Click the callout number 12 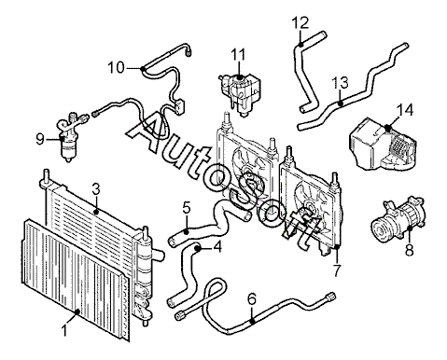click(x=300, y=23)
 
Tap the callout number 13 click(x=340, y=82)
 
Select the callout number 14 click(x=405, y=110)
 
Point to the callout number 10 click(x=116, y=67)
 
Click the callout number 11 click(x=238, y=54)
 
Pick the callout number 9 click(x=40, y=139)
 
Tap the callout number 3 click(x=96, y=189)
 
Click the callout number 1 click(x=64, y=330)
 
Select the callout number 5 click(x=186, y=207)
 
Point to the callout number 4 click(x=217, y=247)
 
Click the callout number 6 click(x=252, y=298)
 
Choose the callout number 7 click(x=337, y=270)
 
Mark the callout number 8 click(x=410, y=250)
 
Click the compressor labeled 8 click(x=398, y=216)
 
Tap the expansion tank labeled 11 click(x=240, y=92)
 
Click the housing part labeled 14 click(x=382, y=144)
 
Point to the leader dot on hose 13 click(x=341, y=103)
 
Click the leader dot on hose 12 click(x=300, y=45)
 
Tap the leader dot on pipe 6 click(x=252, y=321)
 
